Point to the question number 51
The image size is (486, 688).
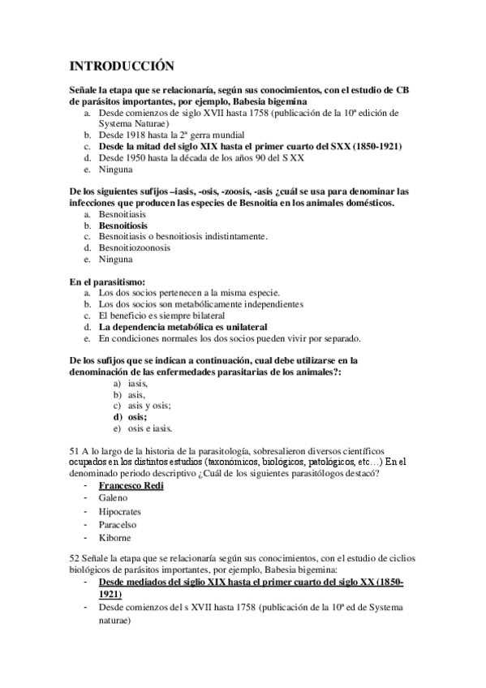click(75, 450)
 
